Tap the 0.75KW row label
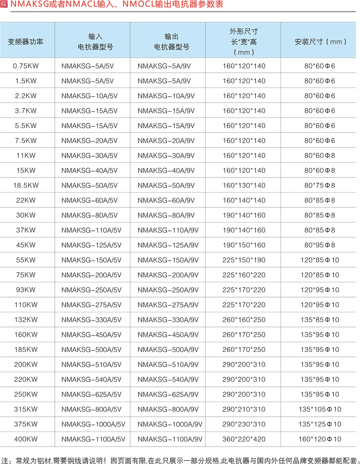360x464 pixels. (26, 66)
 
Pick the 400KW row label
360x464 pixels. (26, 439)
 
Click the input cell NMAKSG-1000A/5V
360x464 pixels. (93, 424)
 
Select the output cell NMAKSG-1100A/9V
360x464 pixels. (170, 439)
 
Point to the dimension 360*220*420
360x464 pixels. (244, 439)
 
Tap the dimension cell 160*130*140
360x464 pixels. (244, 185)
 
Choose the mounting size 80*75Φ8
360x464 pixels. (320, 185)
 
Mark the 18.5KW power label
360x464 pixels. (26, 185)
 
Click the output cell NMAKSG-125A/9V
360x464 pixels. (168, 245)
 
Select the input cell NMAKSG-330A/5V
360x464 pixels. (91, 320)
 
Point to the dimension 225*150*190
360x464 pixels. (244, 260)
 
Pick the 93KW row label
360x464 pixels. (26, 290)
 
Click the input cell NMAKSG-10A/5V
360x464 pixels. (89, 96)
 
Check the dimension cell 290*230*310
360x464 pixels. (244, 424)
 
